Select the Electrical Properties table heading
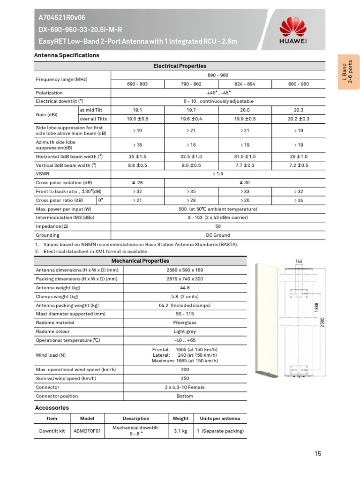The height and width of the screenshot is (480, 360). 180,66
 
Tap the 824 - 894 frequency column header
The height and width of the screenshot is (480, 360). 245,84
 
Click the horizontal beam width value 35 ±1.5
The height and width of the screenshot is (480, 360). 137,157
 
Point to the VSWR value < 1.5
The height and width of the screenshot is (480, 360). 217,174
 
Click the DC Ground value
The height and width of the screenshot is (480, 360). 217,235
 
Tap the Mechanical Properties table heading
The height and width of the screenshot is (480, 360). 140,261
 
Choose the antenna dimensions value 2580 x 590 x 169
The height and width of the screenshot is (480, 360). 185,270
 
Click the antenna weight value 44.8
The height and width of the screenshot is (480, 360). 185,288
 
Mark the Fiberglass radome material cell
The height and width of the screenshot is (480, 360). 185,323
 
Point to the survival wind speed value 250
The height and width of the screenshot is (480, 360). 185,378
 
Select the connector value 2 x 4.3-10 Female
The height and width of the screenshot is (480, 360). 185,387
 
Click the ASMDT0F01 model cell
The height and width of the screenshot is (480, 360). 87,431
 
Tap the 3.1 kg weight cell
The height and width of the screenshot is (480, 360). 180,431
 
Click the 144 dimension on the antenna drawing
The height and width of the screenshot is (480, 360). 299,261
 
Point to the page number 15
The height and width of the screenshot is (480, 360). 318,453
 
